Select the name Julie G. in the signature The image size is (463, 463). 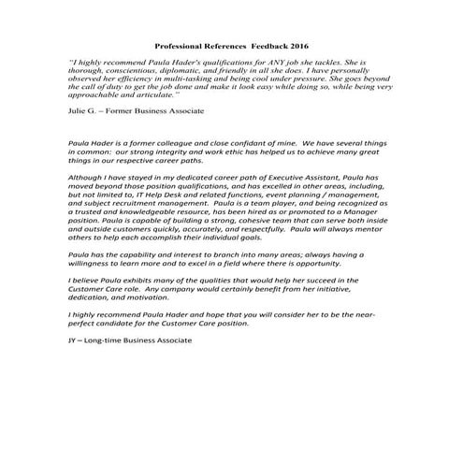83,110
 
